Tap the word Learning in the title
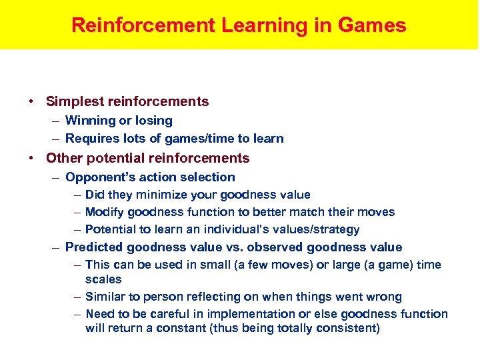pyautogui.click(x=252, y=25)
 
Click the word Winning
pyautogui.click(x=90, y=121)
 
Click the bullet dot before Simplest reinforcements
pyautogui.click(x=31, y=102)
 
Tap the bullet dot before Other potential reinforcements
pyautogui.click(x=31, y=159)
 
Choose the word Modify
pyautogui.click(x=104, y=212)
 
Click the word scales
pyautogui.click(x=103, y=279)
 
